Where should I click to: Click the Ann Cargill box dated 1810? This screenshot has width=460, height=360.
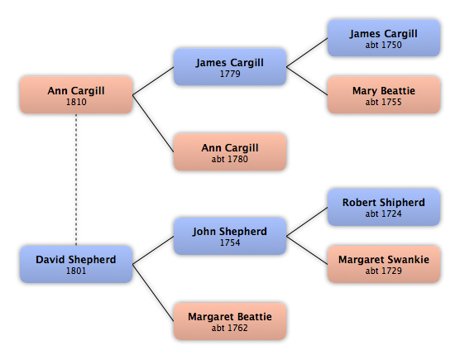click(76, 95)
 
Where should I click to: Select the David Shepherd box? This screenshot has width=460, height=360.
click(76, 264)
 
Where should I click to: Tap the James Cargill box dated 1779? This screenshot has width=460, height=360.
click(230, 67)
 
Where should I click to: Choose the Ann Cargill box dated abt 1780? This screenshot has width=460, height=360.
click(230, 152)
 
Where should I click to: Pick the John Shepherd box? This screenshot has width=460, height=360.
click(230, 236)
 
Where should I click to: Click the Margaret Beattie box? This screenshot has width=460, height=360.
click(230, 321)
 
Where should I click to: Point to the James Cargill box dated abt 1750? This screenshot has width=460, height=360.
click(384, 38)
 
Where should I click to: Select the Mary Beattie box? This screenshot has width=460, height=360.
click(384, 95)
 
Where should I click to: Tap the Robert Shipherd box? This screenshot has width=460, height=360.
click(384, 207)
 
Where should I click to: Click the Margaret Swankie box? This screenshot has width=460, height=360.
click(384, 264)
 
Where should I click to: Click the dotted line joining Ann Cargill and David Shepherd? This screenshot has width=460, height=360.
click(76, 180)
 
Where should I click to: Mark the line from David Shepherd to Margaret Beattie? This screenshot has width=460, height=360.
click(153, 293)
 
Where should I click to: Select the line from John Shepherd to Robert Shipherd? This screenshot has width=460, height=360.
click(307, 222)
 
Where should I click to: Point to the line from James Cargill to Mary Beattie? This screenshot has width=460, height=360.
click(307, 81)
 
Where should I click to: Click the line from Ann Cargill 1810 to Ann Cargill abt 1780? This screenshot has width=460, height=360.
click(153, 123)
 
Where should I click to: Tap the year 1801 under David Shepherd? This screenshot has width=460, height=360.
click(76, 271)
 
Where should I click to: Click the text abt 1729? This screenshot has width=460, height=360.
click(383, 271)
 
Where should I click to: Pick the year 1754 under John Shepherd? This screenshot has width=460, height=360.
click(230, 242)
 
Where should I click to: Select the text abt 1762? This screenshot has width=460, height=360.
click(230, 328)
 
